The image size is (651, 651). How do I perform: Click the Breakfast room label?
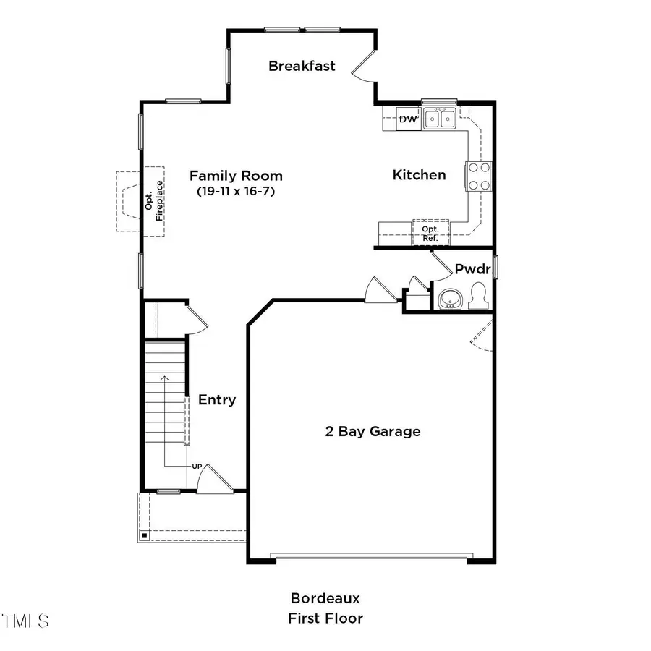click(x=302, y=66)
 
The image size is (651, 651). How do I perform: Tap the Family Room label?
click(x=236, y=176)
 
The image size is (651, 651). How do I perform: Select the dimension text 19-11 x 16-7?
click(x=236, y=192)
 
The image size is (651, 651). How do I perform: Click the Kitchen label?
click(x=419, y=175)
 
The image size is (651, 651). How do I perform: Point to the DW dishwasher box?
click(x=408, y=119)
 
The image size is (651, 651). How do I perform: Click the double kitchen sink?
click(x=439, y=118)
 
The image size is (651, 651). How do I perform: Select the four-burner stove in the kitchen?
click(x=479, y=176)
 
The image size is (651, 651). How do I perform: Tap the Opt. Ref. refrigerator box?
click(x=430, y=232)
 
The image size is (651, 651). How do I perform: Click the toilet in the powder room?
click(x=477, y=297)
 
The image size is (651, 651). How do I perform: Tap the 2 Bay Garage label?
click(x=372, y=432)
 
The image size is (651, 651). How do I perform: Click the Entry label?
click(x=217, y=400)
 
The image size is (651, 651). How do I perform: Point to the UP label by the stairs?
click(x=197, y=467)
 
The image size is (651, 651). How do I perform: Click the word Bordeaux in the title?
click(x=325, y=598)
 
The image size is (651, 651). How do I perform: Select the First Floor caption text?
click(x=325, y=618)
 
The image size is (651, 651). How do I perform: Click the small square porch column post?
click(x=145, y=536)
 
